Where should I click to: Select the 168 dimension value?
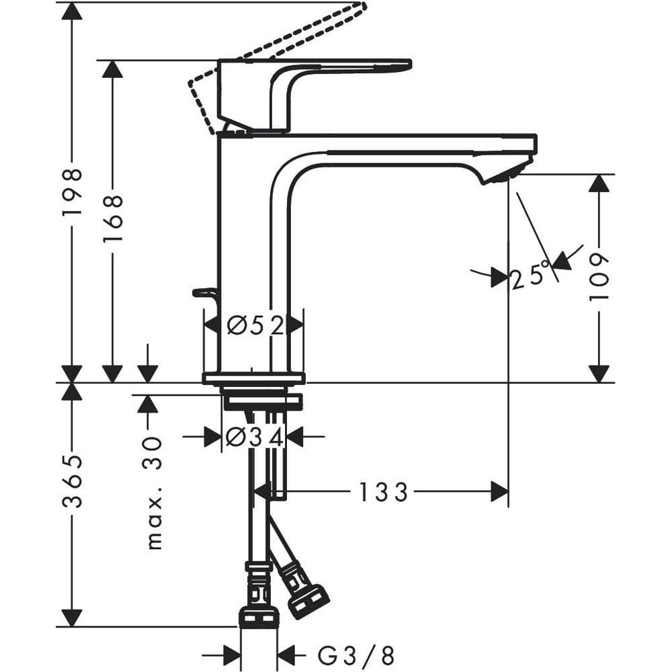pyautogui.click(x=112, y=218)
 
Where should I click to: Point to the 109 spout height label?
pyautogui.click(x=599, y=277)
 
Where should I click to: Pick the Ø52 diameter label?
pyautogui.click(x=253, y=326)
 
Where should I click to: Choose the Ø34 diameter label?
pyautogui.click(x=254, y=437)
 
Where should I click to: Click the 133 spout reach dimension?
pyautogui.click(x=382, y=493)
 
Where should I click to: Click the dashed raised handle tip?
pyautogui.click(x=356, y=9)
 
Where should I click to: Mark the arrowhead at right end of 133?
pyautogui.click(x=499, y=493)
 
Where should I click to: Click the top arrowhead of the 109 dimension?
pyautogui.click(x=599, y=183)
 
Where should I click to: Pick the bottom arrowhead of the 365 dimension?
pyautogui.click(x=72, y=618)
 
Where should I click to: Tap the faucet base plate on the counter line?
pyautogui.click(x=253, y=378)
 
